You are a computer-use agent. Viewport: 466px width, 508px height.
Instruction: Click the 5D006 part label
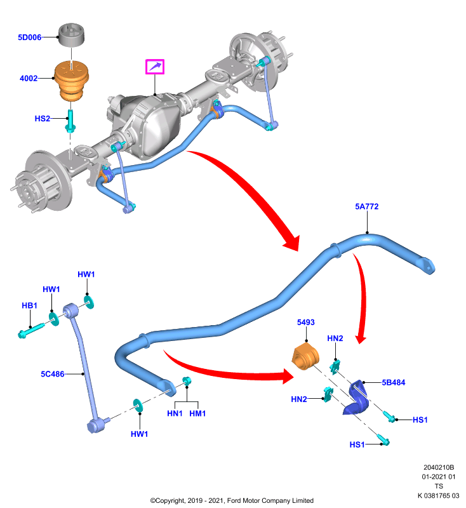(x=29, y=37)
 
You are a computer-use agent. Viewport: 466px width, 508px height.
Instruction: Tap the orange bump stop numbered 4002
(x=71, y=81)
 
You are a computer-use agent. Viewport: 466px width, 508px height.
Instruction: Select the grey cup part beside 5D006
(x=71, y=35)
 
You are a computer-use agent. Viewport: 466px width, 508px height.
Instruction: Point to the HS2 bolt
(x=70, y=121)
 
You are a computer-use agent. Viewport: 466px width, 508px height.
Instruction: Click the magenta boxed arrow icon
(x=155, y=67)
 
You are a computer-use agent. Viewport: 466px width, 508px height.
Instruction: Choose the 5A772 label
(x=366, y=206)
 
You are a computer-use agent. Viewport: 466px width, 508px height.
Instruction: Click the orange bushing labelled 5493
(x=306, y=358)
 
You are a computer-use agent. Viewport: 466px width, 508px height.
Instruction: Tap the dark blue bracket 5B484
(x=356, y=398)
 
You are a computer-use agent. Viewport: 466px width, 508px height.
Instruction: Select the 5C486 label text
(x=53, y=374)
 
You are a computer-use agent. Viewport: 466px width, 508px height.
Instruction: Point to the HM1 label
(x=197, y=413)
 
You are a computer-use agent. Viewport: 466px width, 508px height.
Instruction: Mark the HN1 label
(x=175, y=413)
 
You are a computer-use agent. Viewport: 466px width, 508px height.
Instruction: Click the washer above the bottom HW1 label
(x=138, y=406)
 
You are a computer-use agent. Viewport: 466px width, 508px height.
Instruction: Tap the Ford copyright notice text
(x=232, y=500)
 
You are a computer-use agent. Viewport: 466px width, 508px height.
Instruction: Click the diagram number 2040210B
(x=439, y=467)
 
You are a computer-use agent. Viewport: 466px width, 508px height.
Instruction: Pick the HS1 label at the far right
(x=420, y=420)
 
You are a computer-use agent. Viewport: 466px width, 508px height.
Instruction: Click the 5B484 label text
(x=394, y=382)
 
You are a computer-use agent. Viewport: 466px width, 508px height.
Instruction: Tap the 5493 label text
(x=306, y=323)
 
